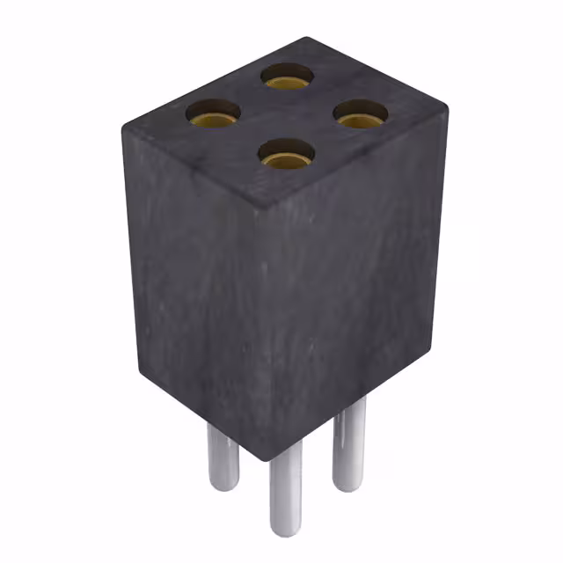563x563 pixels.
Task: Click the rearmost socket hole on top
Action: tap(288, 77)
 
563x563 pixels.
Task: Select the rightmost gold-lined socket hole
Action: tap(361, 113)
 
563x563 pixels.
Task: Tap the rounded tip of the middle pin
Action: tap(285, 530)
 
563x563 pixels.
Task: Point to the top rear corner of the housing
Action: tap(304, 40)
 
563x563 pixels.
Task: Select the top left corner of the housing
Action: tap(124, 121)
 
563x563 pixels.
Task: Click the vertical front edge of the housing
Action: tap(264, 334)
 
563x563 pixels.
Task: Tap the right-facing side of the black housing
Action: tap(352, 281)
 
